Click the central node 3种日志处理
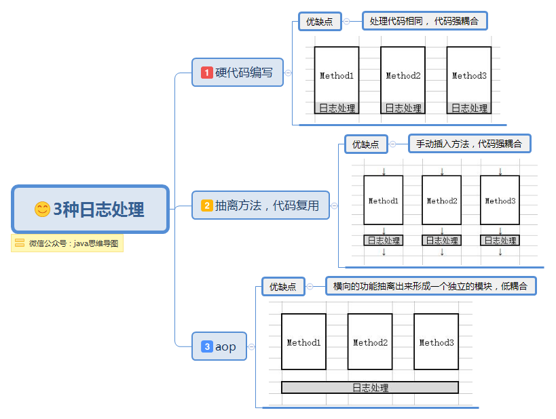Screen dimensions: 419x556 [x=90, y=209]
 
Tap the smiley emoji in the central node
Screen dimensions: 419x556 [x=42, y=209]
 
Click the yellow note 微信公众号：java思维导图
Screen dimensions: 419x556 [x=67, y=243]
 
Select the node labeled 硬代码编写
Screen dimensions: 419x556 [x=238, y=73]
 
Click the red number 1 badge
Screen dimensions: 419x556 [x=207, y=73]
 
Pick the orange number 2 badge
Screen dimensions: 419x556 [x=207, y=205]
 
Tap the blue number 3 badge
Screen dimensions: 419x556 [x=207, y=346]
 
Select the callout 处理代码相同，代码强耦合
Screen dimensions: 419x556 [x=424, y=21]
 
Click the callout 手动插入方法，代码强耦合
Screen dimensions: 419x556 [x=468, y=144]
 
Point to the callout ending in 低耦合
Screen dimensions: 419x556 [x=430, y=286]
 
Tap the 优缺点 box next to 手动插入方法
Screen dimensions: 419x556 [x=366, y=144]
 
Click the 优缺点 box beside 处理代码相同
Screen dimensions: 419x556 [x=320, y=21]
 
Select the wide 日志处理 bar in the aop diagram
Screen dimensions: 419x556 [x=370, y=387]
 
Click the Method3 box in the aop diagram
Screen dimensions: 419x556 [x=436, y=342]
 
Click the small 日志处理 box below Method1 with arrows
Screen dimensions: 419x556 [x=384, y=240]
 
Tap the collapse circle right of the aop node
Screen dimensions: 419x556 [x=252, y=346]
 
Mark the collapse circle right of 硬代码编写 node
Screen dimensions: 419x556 [x=289, y=73]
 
